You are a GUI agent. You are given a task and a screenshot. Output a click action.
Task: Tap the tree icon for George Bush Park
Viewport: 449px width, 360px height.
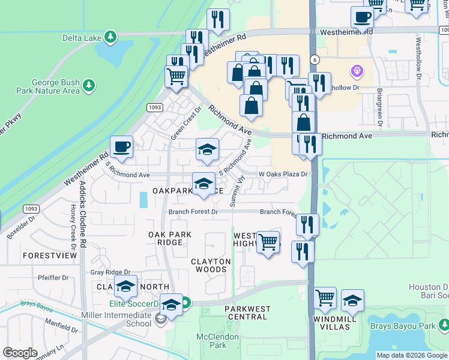[x=89, y=85]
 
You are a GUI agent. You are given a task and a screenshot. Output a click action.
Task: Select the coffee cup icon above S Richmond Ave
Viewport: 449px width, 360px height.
[x=122, y=148]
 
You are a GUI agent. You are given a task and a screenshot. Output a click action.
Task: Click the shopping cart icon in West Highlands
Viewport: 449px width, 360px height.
[x=268, y=243]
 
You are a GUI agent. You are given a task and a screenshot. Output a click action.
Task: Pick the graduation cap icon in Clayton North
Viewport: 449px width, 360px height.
[x=126, y=288]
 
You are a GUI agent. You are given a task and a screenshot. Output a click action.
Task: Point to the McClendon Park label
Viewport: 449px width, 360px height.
[x=217, y=341]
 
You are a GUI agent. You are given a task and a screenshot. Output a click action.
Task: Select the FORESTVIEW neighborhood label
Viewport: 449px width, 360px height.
[x=50, y=256]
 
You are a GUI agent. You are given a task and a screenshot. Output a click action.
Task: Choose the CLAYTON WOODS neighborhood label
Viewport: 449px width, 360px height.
[x=211, y=266]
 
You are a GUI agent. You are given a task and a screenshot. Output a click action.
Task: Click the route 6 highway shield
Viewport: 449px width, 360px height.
[x=314, y=59]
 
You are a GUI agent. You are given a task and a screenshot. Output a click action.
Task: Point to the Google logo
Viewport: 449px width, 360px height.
[x=20, y=352]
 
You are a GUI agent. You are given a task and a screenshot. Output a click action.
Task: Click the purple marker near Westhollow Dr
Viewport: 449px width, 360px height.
[x=357, y=72]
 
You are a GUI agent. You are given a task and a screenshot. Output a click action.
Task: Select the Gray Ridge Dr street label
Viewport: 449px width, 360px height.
[x=110, y=272]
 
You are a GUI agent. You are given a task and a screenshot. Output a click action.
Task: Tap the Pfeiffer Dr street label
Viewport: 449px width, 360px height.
[x=53, y=278]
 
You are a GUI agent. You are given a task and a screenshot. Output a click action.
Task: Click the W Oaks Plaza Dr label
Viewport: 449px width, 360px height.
[x=283, y=175]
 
